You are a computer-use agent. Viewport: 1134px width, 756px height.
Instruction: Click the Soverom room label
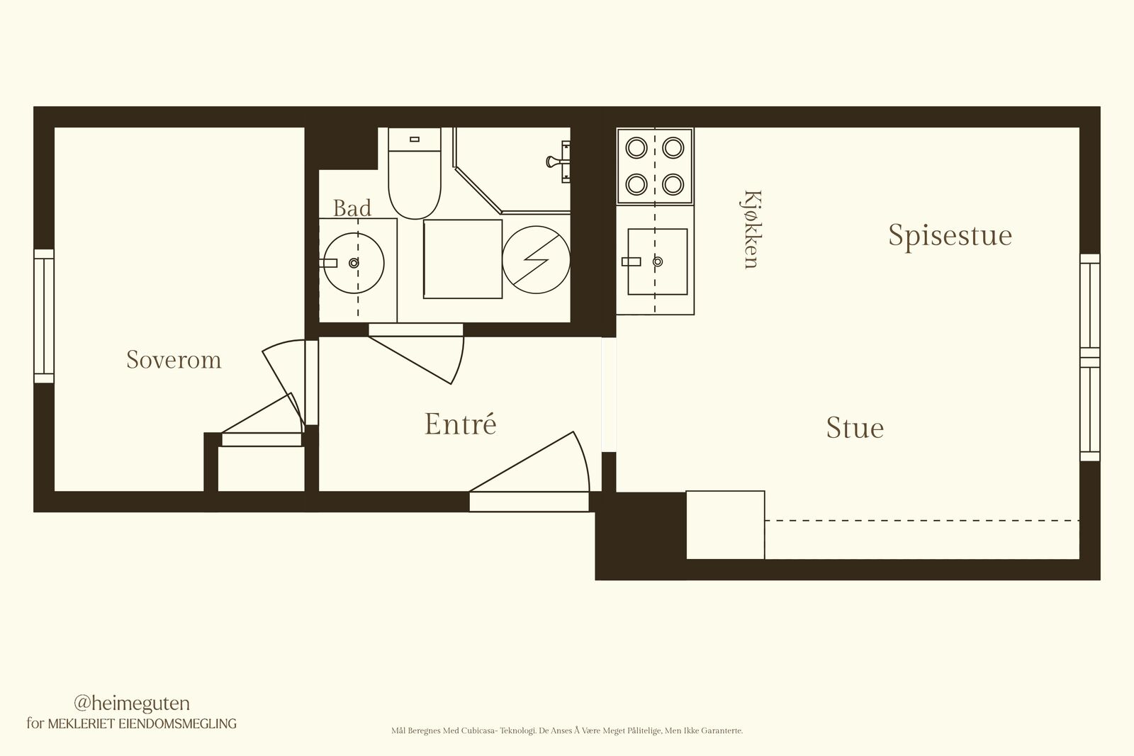point(174,360)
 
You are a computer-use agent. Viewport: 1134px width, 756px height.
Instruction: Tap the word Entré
point(460,424)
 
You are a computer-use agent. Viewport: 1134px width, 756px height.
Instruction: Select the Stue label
point(855,427)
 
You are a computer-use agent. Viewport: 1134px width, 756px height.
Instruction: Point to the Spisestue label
point(950,236)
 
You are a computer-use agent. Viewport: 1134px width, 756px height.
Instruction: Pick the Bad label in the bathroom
point(352,208)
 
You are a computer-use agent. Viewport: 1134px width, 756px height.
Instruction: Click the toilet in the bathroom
point(415,173)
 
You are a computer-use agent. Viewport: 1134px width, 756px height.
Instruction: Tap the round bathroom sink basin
point(354,263)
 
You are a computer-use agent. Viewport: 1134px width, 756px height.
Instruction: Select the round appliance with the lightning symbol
point(536,259)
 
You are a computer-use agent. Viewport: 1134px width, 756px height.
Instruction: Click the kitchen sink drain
point(658,261)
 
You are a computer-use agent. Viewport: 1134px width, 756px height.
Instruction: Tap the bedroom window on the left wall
point(44,316)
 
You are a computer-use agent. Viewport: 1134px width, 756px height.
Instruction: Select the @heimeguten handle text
point(132,704)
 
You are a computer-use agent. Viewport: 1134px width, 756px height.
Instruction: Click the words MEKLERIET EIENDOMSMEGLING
point(142,723)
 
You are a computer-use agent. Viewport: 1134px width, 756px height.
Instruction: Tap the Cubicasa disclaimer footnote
point(567,730)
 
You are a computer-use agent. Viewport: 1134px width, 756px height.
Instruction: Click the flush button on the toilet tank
point(415,139)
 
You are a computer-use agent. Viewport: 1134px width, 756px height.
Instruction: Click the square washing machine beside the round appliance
point(463,259)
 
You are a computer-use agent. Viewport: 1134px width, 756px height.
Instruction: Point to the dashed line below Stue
point(922,520)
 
